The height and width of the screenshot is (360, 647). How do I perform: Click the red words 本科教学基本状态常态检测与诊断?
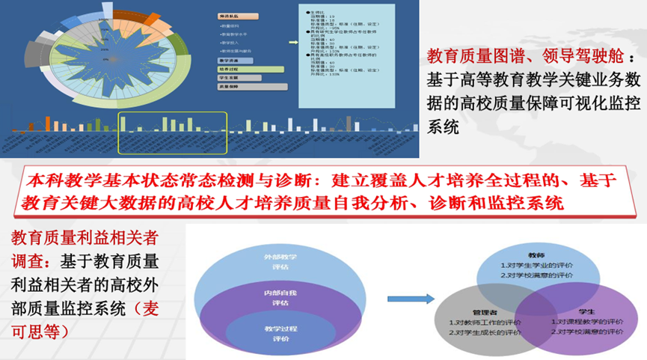coord(183,181)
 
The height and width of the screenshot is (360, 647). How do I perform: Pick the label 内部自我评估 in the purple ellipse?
coord(276,298)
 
